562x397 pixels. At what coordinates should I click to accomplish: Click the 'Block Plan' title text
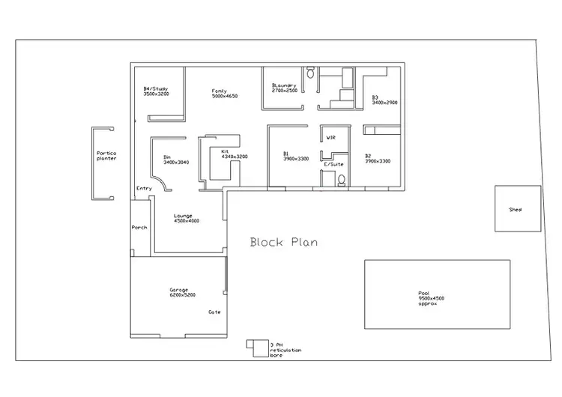283,242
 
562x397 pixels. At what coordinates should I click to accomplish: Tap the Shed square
516,209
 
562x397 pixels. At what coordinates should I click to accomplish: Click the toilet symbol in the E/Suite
342,179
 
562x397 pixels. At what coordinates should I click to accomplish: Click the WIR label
330,138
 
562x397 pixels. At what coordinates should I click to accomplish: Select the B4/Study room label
156,91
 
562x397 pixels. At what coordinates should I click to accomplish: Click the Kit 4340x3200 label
233,154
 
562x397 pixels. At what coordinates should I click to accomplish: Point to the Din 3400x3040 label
176,160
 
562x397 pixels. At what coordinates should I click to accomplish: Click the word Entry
143,188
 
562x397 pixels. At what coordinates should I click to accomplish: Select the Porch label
139,227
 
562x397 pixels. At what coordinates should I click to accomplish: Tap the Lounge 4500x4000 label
186,218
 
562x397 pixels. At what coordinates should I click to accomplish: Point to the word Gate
214,312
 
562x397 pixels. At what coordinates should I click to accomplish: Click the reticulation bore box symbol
256,345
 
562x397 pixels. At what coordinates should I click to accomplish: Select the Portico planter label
106,156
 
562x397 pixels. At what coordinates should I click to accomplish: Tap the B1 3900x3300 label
295,156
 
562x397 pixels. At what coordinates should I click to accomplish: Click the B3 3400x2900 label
384,99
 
